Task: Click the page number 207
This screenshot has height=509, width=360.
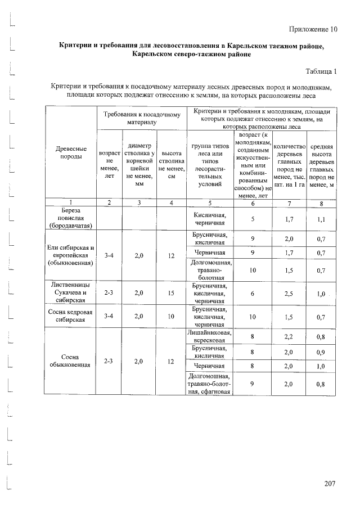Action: tap(331, 483)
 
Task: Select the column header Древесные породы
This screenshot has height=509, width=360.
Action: tap(71, 152)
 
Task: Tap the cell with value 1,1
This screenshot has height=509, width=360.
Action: tap(321, 220)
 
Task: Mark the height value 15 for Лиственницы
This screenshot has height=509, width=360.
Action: tap(171, 293)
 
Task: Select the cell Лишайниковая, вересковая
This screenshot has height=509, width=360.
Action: tap(209, 336)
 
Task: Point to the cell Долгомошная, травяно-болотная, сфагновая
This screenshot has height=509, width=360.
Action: tap(209, 384)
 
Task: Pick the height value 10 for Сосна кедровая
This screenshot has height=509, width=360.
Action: tap(171, 317)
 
